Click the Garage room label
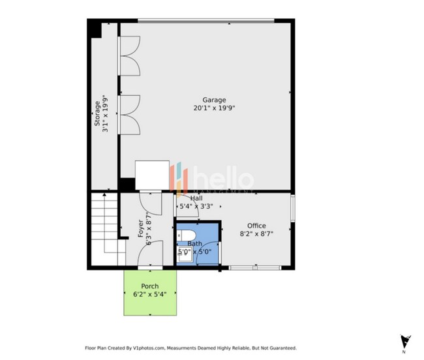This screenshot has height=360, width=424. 205,100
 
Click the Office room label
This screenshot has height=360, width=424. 256,226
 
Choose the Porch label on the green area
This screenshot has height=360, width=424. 150,286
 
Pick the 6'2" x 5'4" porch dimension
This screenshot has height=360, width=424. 150,294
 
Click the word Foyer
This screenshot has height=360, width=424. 140,229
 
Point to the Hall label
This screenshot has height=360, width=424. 196,198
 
